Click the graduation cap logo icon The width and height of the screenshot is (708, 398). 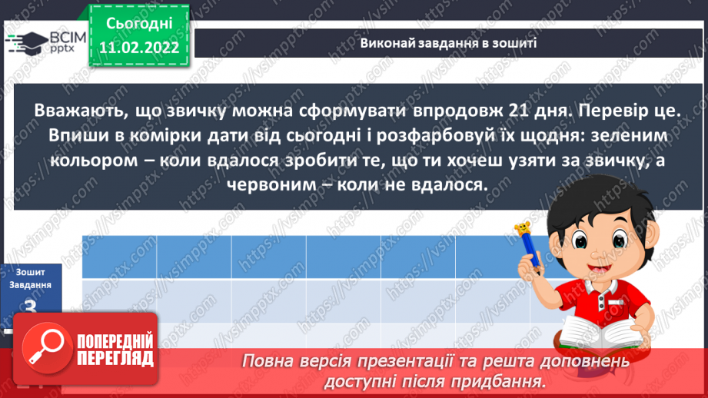[x=25, y=42]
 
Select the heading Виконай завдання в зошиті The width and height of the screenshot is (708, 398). [x=448, y=44]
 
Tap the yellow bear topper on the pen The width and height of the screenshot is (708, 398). [x=522, y=228]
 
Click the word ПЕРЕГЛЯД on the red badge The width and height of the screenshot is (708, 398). [x=115, y=358]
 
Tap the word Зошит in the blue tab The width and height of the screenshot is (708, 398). [x=32, y=271]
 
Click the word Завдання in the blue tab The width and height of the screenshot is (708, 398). [x=32, y=285]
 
